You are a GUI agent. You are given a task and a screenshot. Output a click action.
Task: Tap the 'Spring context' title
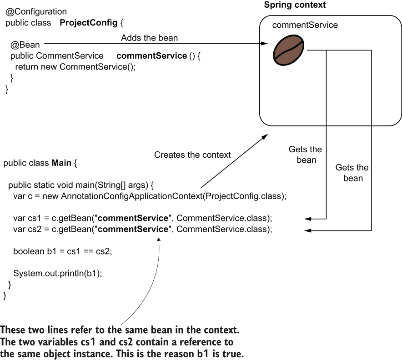(295, 5)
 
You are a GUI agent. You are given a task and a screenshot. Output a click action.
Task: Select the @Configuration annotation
(36, 12)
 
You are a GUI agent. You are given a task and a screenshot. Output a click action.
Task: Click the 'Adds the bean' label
(149, 38)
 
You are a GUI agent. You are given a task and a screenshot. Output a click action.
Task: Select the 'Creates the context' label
(192, 155)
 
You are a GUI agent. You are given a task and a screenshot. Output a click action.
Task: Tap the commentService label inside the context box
(305, 25)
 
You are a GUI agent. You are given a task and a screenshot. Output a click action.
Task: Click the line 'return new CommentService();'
(75, 67)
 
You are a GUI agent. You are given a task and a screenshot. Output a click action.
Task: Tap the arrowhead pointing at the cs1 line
(307, 219)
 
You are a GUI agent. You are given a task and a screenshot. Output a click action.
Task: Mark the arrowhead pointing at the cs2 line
(307, 230)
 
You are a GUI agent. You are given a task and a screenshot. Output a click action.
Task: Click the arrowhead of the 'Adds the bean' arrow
(264, 44)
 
